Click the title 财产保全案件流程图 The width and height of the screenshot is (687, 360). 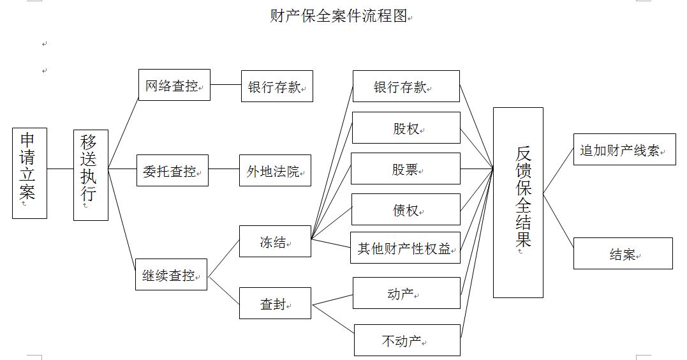[x=339, y=16]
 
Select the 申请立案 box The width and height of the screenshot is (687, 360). [x=29, y=173]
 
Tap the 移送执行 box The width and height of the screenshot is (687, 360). [x=91, y=175]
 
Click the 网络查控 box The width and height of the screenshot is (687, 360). [x=174, y=86]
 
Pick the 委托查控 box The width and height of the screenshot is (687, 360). [x=172, y=171]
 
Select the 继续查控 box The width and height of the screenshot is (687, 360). [x=171, y=274]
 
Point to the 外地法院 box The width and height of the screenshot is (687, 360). [x=275, y=171]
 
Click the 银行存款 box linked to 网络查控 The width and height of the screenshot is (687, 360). [x=277, y=86]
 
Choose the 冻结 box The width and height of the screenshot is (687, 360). [x=275, y=241]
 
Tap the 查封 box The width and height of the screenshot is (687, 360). [x=275, y=303]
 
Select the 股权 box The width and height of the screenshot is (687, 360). [x=406, y=128]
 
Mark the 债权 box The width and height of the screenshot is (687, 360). [x=405, y=209]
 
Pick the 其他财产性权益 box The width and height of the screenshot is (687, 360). [x=405, y=248]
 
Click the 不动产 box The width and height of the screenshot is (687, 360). [x=406, y=340]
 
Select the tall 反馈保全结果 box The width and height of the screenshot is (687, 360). [x=518, y=202]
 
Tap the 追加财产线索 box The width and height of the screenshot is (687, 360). [x=624, y=150]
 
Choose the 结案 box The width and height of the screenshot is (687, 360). [x=623, y=253]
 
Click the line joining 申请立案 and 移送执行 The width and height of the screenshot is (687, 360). [x=60, y=169]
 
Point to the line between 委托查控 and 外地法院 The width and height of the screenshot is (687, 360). [x=223, y=169]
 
